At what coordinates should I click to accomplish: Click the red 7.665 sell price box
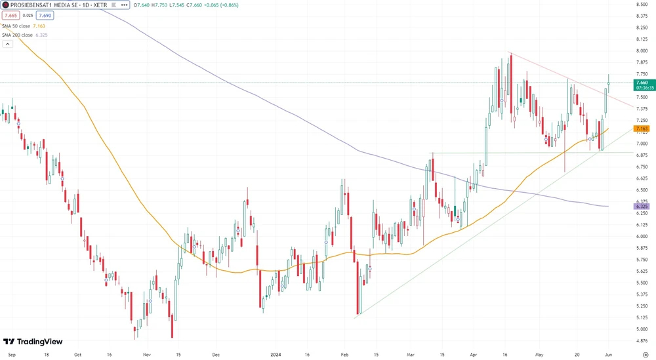[x=11, y=15]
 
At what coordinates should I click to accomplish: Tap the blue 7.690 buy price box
[x=45, y=15]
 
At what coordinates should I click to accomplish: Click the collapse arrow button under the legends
[x=8, y=44]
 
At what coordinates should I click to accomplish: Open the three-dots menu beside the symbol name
[x=125, y=5]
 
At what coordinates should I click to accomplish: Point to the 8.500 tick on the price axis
[x=642, y=5]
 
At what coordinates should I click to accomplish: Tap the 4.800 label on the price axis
[x=642, y=340]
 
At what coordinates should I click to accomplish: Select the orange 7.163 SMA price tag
[x=642, y=129]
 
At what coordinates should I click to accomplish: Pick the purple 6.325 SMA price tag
[x=642, y=207]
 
